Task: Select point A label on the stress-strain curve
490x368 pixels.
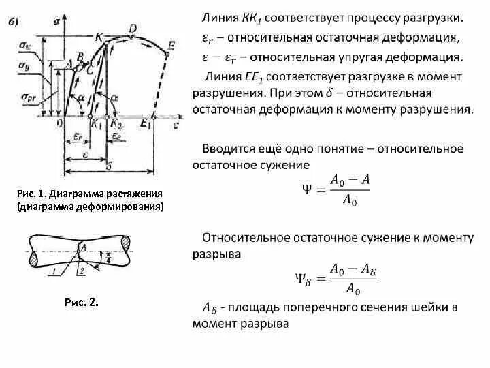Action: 69,63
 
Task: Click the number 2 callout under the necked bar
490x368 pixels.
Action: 81,271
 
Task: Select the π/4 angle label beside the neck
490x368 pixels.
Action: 108,258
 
